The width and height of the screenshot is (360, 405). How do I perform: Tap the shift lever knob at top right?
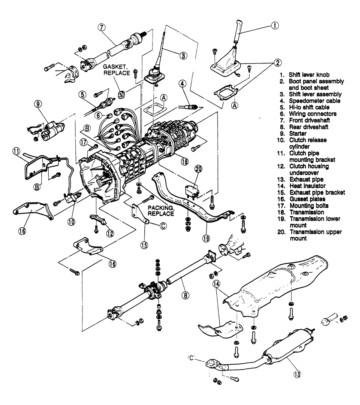click(239, 31)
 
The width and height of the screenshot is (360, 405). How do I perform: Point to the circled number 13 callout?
click(297, 372)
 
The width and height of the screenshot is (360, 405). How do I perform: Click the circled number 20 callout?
click(198, 169)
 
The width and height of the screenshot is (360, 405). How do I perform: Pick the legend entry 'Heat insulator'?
click(307, 186)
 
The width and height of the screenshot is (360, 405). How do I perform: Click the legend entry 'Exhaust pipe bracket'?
click(317, 192)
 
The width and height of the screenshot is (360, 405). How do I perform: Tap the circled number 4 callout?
click(182, 84)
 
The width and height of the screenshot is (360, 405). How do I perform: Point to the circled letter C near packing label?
click(163, 226)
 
